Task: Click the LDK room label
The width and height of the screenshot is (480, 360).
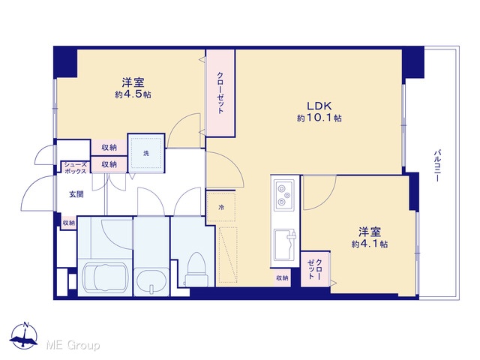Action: pyautogui.click(x=319, y=106)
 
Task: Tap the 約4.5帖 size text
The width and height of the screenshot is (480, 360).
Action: pyautogui.click(x=133, y=94)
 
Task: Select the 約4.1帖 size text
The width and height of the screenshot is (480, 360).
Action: pyautogui.click(x=370, y=244)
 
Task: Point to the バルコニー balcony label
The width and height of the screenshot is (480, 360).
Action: pyautogui.click(x=437, y=166)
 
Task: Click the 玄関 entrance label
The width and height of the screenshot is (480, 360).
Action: pyautogui.click(x=76, y=194)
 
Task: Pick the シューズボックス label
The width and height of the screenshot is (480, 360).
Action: pyautogui.click(x=75, y=168)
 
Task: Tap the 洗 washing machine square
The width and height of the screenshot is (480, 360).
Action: pyautogui.click(x=146, y=153)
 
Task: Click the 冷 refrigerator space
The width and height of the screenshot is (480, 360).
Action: pyautogui.click(x=221, y=207)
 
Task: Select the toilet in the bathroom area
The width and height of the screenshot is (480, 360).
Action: pyautogui.click(x=196, y=269)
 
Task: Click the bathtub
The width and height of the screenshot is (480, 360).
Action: pyautogui.click(x=105, y=277)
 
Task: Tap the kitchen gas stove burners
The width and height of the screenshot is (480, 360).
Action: pyautogui.click(x=285, y=195)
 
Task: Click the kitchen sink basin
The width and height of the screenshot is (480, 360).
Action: pyautogui.click(x=284, y=244)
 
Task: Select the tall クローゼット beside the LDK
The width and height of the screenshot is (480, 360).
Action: pyautogui.click(x=220, y=93)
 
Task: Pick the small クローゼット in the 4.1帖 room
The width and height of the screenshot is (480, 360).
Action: pyautogui.click(x=315, y=269)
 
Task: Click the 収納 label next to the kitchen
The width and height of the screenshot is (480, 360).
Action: pyautogui.click(x=282, y=278)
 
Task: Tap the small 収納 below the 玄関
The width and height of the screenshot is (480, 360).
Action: pyautogui.click(x=68, y=223)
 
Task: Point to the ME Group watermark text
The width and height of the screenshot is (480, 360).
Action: pyautogui.click(x=73, y=346)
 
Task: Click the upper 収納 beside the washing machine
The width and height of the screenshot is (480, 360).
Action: pyautogui.click(x=109, y=148)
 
